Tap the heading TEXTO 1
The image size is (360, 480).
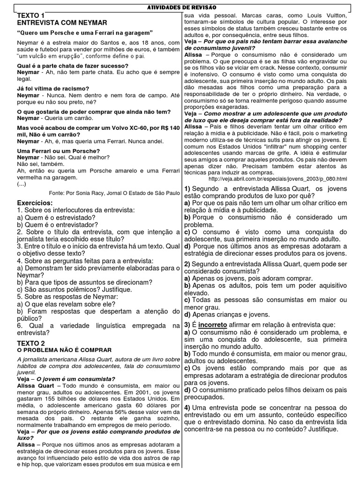tap(30, 15)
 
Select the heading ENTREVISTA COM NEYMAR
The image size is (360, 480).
tap(62, 22)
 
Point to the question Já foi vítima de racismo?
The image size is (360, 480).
tap(53, 88)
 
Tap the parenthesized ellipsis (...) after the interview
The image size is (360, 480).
tap(22, 184)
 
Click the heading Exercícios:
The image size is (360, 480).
tap(35, 202)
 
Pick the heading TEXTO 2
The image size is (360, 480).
tap(31, 343)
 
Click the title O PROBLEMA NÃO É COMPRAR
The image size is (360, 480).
tap(65, 350)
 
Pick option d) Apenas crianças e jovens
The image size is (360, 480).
tap(227, 314)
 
